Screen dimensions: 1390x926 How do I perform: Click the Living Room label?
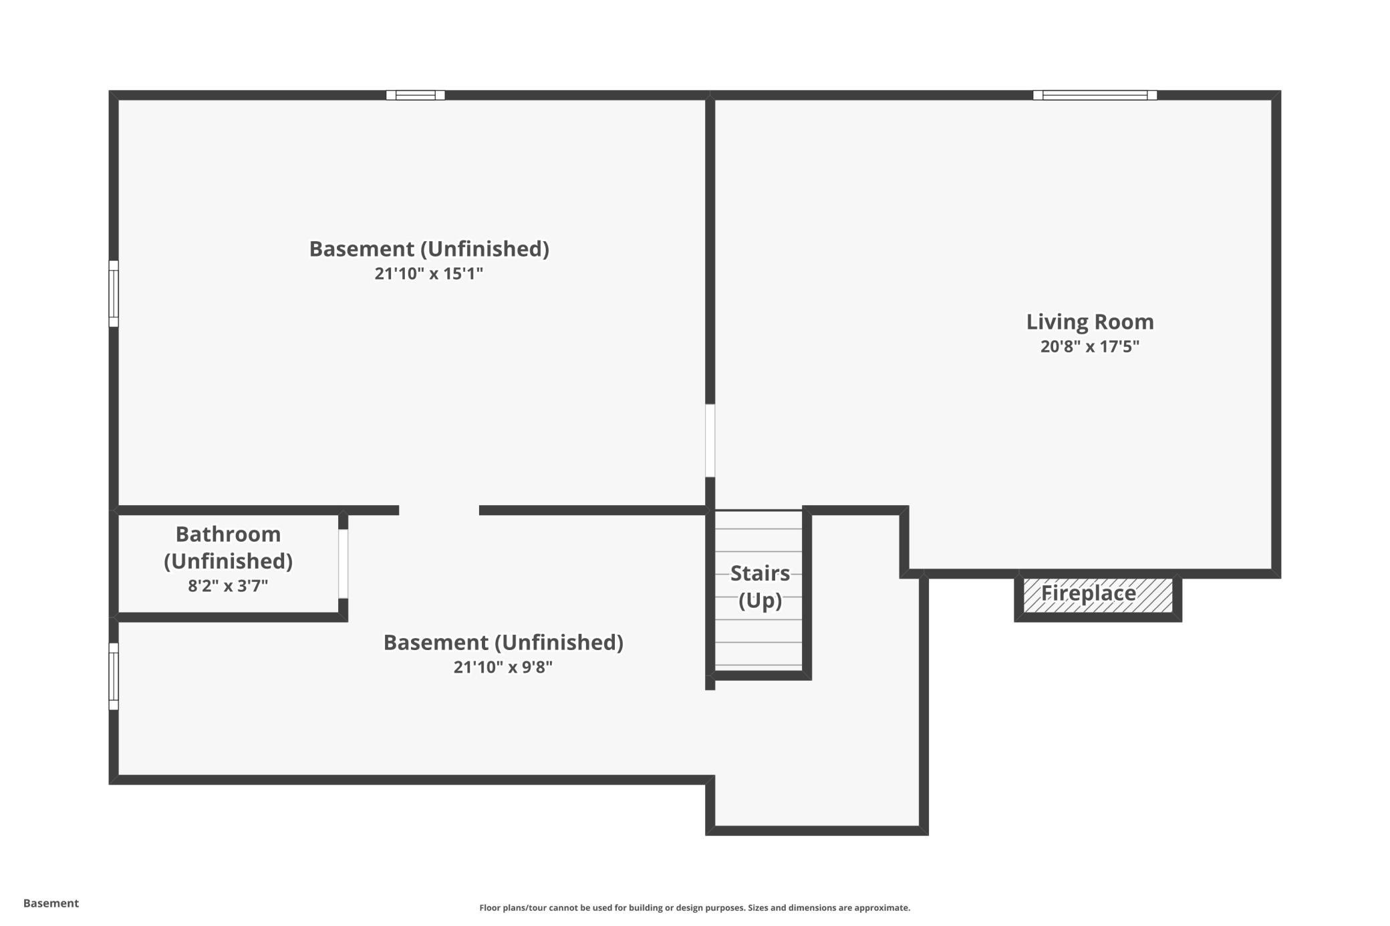1090,322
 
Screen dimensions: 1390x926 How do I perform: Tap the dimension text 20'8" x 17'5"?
1090,347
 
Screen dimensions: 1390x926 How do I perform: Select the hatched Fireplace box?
1098,595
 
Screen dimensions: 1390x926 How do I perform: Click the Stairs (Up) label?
760,587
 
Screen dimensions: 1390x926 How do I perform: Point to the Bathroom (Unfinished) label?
228,547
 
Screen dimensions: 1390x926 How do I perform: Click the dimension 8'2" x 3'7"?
228,586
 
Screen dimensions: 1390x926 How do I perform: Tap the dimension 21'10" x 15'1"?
428,274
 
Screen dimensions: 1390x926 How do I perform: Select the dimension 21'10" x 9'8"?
503,667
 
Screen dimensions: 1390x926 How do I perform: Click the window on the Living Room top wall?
1095,95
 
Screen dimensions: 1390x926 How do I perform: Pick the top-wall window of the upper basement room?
415,95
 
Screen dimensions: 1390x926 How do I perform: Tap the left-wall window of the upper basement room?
114,293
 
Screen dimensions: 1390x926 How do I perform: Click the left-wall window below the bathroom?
114,676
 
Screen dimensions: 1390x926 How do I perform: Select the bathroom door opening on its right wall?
343,564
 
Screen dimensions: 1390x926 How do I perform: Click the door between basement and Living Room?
710,440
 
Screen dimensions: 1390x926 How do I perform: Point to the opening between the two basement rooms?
439,510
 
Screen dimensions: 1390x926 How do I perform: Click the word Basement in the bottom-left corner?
51,903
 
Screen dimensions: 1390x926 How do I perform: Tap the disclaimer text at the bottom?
694,907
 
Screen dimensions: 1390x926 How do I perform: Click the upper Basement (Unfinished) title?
428,249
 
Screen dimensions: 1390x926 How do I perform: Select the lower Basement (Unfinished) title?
503,643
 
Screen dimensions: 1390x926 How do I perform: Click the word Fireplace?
1088,593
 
